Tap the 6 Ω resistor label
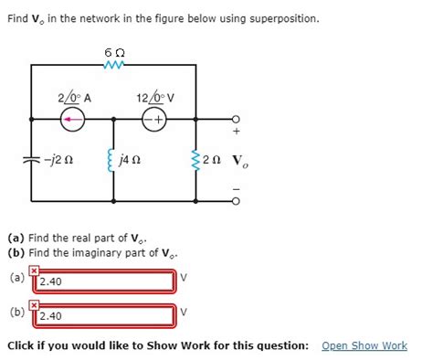pos(113,52)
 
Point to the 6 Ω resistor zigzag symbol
pos(113,65)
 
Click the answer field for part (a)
pos(105,281)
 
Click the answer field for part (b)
pos(105,316)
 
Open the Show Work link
pos(364,345)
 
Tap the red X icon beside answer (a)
pos(34,270)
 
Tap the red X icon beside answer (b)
pos(34,304)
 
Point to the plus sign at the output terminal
pos(238,133)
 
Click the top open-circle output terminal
pos(238,120)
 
